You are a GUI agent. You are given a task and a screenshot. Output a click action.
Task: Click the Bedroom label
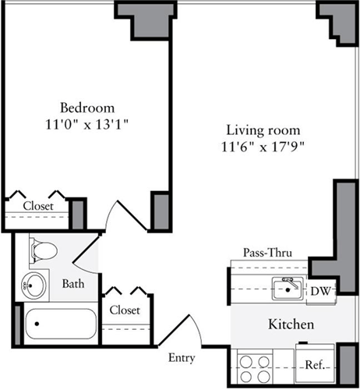tap(87, 107)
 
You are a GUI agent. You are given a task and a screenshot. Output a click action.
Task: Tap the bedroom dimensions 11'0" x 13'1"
tap(87, 123)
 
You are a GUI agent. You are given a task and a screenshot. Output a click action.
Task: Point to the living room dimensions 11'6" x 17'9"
tap(263, 145)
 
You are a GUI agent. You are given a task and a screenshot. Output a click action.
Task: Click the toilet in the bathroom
tap(43, 252)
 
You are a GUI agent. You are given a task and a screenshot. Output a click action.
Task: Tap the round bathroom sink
tap(33, 285)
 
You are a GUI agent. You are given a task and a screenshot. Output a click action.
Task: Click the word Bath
tap(73, 284)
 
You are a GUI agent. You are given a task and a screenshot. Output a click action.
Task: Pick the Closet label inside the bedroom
tap(37, 206)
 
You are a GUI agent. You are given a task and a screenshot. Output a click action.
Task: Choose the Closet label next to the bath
tap(125, 310)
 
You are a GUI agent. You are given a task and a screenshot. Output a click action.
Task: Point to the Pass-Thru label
tap(263, 253)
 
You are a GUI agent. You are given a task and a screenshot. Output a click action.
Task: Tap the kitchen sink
tap(288, 289)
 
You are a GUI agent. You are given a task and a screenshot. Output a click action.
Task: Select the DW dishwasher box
tap(319, 290)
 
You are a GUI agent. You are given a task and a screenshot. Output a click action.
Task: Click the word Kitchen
tap(291, 324)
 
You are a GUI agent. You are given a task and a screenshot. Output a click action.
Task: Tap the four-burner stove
tap(255, 366)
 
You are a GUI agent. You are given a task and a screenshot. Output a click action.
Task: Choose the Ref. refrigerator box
tap(314, 365)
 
